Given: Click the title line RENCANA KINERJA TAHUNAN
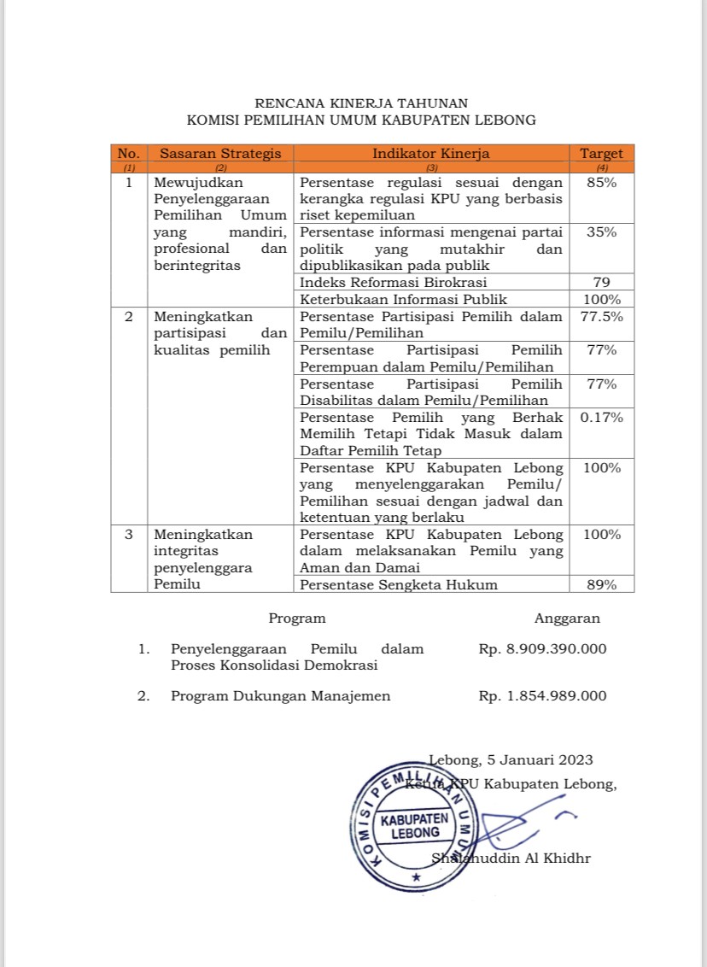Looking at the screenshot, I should (361, 103).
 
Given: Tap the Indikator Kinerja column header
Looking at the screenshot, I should (430, 154).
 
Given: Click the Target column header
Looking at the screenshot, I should (601, 154).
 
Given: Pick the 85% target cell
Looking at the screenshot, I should (601, 183).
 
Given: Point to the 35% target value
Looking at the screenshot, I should (601, 232).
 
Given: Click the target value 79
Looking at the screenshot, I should (601, 283).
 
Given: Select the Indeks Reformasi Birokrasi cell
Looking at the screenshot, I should (393, 283).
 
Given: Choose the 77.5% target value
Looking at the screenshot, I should (601, 316).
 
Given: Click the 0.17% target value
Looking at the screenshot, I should (601, 417).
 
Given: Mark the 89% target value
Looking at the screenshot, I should (601, 584).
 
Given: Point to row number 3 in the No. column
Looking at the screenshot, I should (129, 535).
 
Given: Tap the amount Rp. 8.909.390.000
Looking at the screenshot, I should (542, 649).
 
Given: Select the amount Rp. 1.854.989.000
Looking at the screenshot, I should (542, 696).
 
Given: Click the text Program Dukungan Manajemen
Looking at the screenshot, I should (280, 696).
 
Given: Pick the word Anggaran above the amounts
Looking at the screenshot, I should (567, 618).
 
